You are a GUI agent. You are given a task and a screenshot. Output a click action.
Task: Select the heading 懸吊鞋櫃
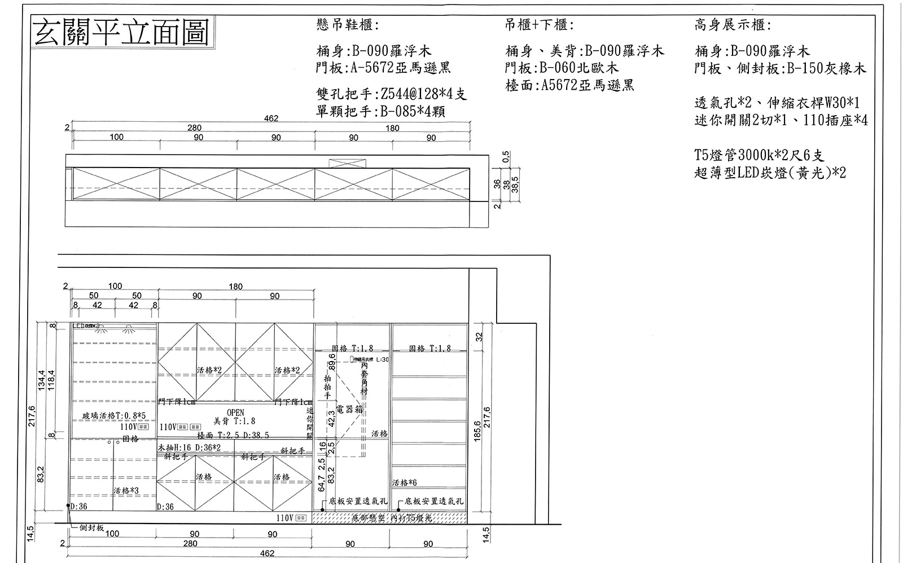pos(347,25)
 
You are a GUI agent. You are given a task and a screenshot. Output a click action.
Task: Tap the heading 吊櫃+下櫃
pos(540,25)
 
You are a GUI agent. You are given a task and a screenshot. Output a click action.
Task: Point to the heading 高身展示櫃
pos(733,25)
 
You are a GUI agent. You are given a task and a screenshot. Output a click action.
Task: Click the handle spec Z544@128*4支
pos(392,94)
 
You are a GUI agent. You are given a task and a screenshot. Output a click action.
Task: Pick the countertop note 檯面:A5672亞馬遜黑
pos(569,85)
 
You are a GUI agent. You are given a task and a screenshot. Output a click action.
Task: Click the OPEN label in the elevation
pos(235,413)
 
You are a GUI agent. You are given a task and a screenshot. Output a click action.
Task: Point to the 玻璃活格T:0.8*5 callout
pos(114,416)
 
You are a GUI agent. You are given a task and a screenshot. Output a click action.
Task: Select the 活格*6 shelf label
pos(404,483)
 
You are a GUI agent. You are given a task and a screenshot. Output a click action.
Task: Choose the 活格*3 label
pos(126,491)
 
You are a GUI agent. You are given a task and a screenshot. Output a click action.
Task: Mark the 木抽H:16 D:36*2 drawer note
pos(189,447)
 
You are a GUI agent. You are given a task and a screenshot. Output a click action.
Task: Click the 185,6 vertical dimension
pos(477,432)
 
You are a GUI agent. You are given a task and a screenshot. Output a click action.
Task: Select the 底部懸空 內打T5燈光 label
pos(391,517)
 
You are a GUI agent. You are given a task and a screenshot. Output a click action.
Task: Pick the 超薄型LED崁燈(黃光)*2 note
pos(770,173)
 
